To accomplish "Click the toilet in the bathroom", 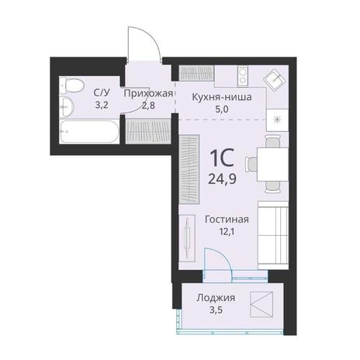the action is coord(71,85).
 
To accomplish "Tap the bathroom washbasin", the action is coord(67,107).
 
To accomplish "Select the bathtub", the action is coord(89,131).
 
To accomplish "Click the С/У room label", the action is coord(102,92).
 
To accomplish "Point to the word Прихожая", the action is coord(148,93).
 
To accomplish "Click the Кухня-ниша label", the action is coord(222,97).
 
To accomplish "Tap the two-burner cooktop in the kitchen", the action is coord(243,75).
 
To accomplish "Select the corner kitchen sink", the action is coord(275,79).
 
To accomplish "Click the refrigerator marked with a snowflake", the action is coord(278,119).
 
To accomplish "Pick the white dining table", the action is coord(272,164).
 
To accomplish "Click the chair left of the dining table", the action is coord(251,164).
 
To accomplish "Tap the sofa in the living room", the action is coord(273,236).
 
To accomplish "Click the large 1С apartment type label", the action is coord(223,157).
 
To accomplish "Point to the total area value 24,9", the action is coord(222,178).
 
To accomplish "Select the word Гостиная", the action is coord(227,220).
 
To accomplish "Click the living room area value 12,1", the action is coord(227,232).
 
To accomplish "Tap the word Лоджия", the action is coord(216,298).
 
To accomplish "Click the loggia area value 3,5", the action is coord(216,310).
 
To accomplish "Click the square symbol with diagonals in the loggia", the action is coord(261,304).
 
